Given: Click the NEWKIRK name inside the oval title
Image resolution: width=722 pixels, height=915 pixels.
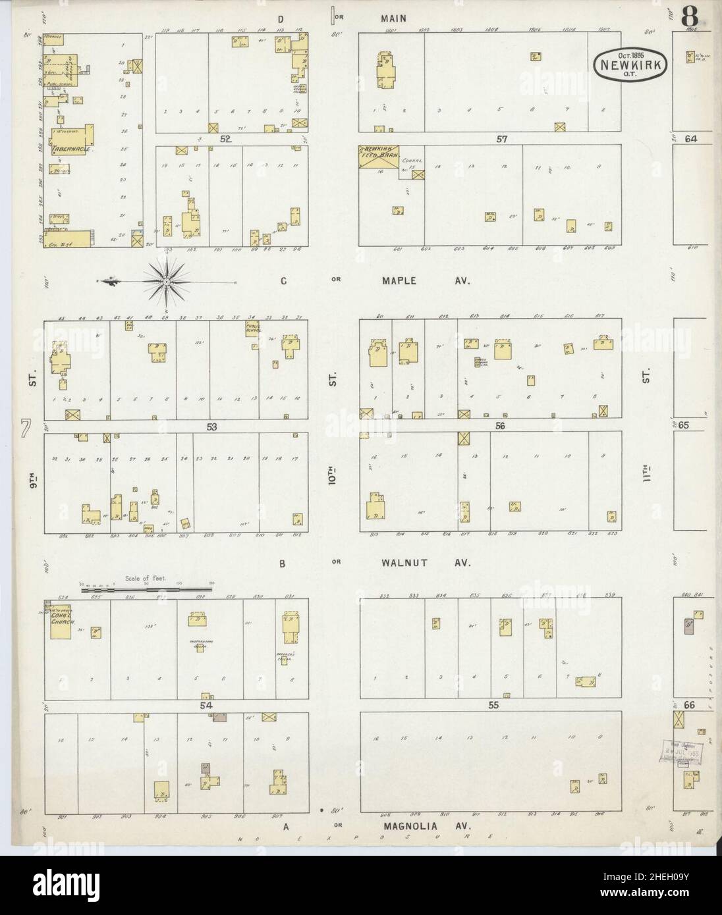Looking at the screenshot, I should [632, 65].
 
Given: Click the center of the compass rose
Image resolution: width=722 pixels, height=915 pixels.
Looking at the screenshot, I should [167, 281].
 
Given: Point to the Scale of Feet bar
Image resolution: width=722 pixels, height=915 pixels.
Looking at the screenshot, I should [149, 590].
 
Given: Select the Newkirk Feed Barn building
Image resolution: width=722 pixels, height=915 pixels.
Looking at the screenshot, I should [379, 158].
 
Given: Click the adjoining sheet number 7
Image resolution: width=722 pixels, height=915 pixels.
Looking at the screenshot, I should [26, 429].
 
